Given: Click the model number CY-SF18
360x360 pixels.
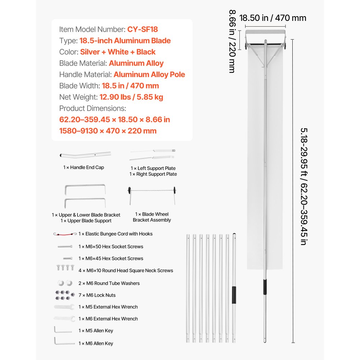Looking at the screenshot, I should [143, 29].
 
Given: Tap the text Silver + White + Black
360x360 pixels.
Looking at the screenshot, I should [118, 52].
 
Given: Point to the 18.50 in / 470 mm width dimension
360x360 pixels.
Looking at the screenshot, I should [273, 18].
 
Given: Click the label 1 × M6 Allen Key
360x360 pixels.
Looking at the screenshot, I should [96, 343].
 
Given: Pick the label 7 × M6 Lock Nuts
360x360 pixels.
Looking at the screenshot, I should [97, 295].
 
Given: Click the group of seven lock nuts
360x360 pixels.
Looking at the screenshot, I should [63, 295].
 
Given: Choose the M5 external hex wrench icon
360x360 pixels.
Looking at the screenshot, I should [64, 307].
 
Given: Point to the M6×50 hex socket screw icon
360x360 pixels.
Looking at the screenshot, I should [64, 247].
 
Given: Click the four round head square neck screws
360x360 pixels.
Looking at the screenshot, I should [63, 267].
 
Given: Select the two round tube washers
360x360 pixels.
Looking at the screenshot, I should [64, 283].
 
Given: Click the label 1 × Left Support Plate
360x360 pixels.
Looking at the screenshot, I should [153, 168].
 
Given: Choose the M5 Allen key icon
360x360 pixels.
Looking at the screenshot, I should [58, 330].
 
